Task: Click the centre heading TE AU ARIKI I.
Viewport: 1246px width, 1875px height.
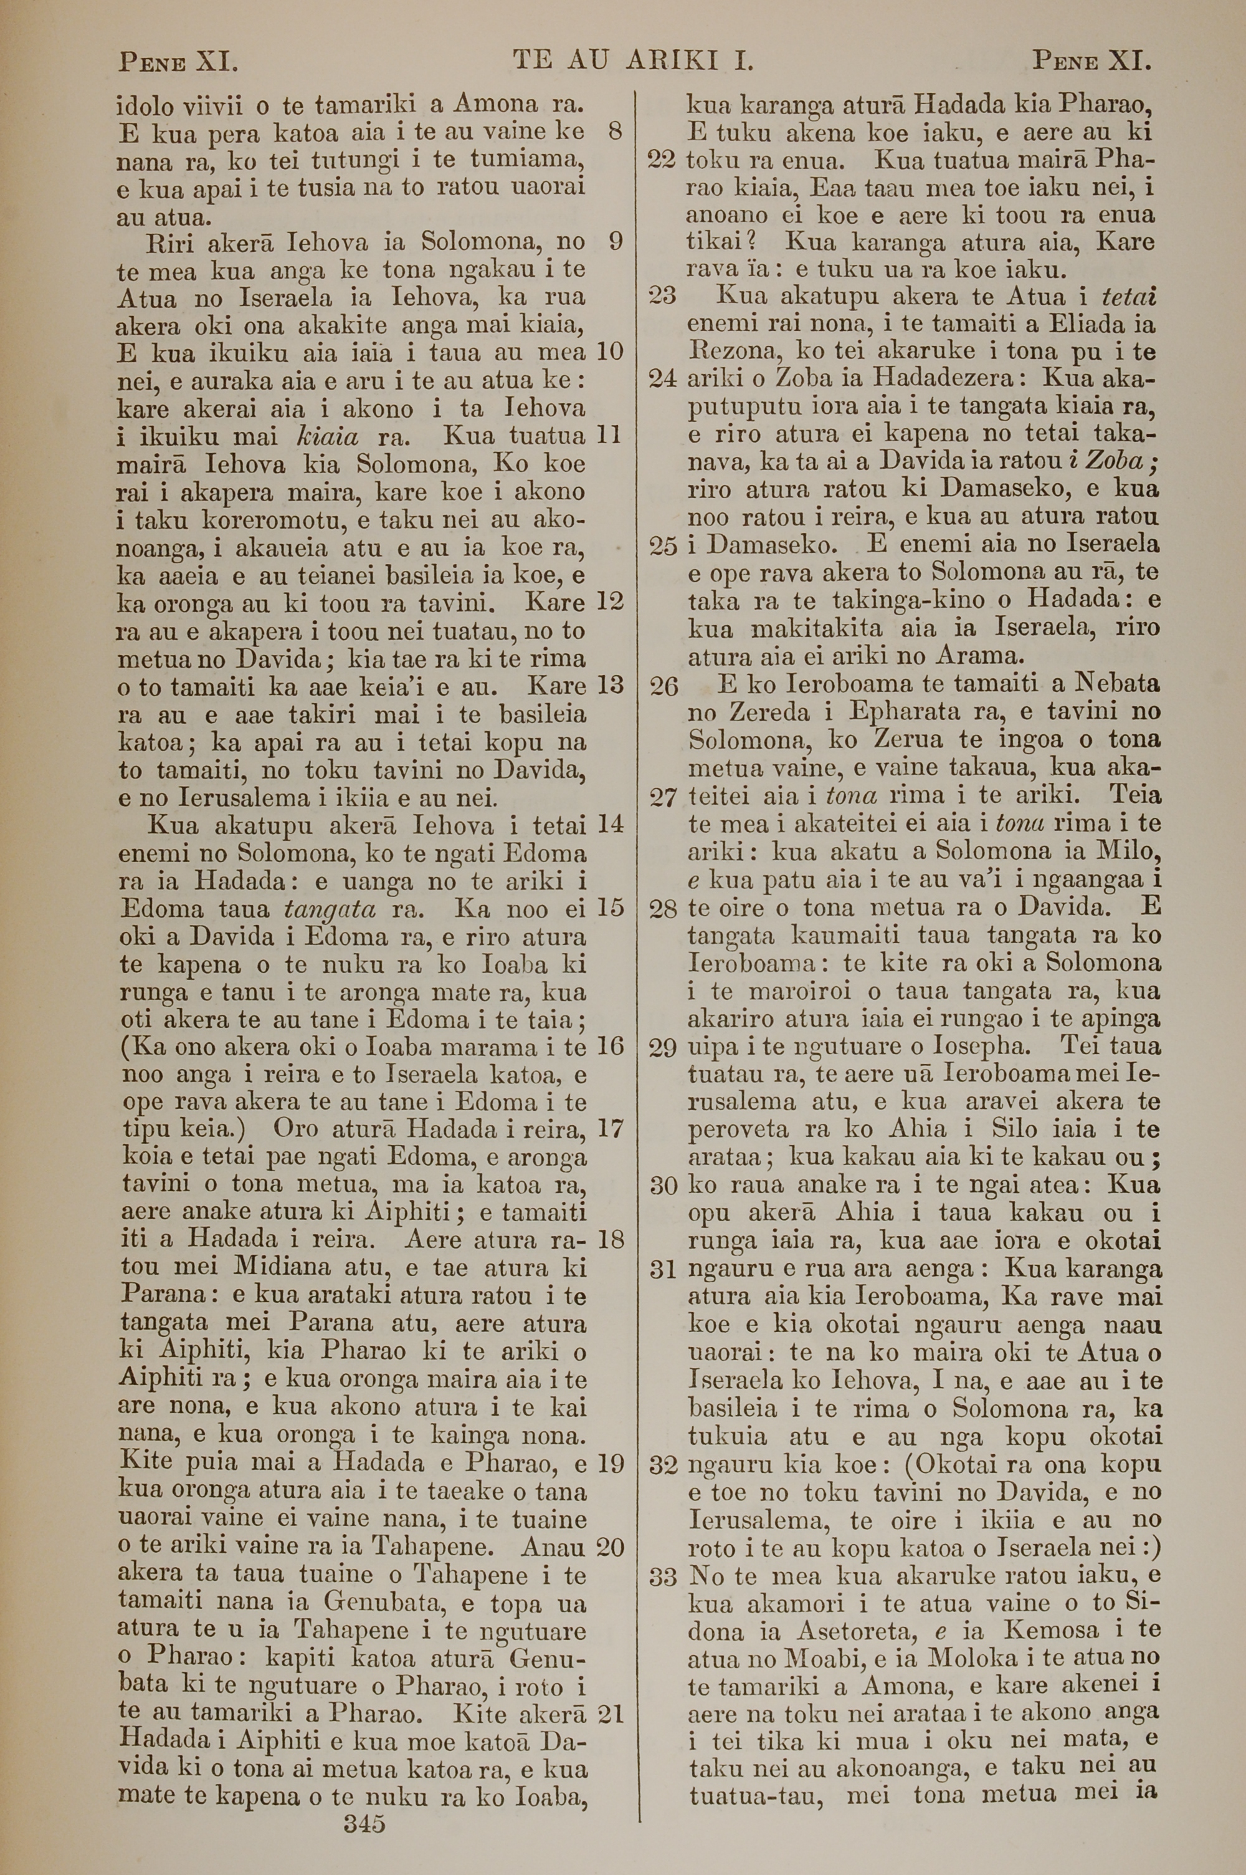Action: tap(634, 60)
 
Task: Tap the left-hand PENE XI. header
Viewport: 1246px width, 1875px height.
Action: tap(179, 60)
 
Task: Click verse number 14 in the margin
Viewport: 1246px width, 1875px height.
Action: tap(611, 824)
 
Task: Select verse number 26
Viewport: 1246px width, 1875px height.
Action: tap(663, 685)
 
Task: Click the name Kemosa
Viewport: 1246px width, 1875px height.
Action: tap(1050, 1631)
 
